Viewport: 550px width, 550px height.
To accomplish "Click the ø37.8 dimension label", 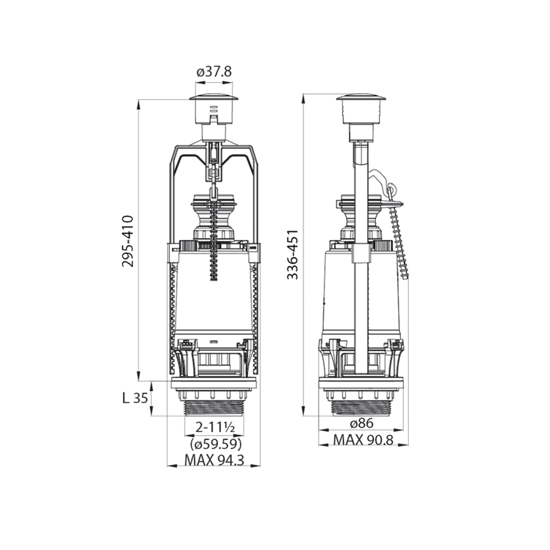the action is coord(214,72).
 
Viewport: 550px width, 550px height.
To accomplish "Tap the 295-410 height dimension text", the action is coord(128,241).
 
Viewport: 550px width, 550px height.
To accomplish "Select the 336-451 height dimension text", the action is coord(293,255).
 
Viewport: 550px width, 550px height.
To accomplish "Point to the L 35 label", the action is coord(135,398).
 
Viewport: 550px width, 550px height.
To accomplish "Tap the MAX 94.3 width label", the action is coord(214,460).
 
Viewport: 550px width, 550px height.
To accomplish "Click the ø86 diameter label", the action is coord(362,424).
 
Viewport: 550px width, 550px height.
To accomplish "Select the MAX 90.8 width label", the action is coord(363,440).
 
